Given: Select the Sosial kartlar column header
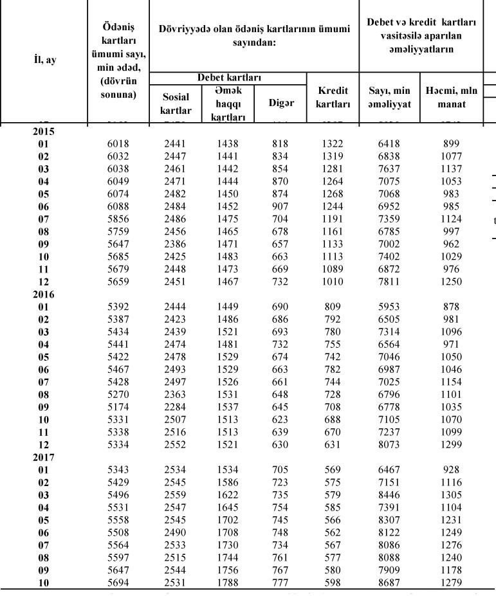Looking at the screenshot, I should pos(175,104).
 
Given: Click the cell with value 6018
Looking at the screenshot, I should pos(118,145).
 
